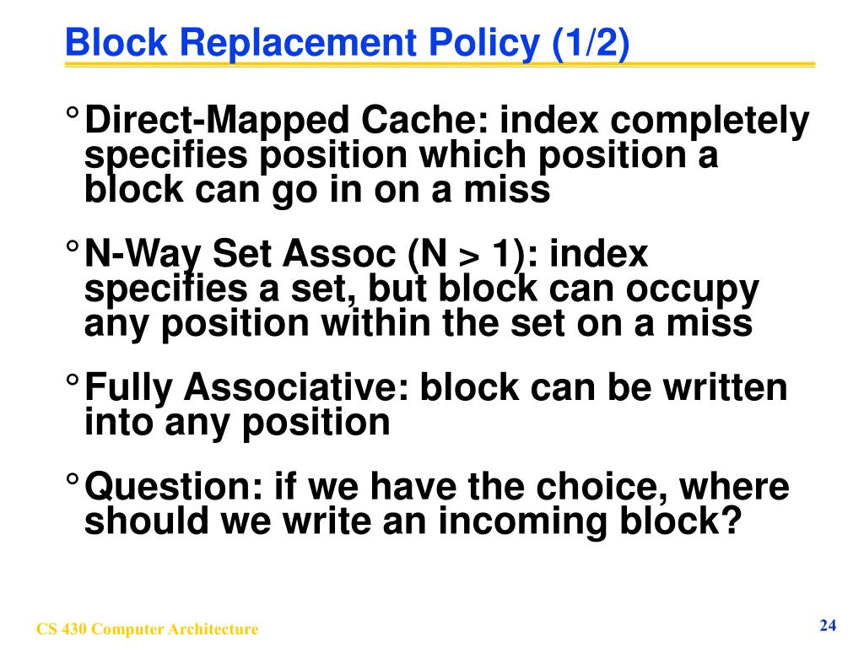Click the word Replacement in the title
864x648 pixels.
[299, 43]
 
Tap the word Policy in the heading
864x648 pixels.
[483, 43]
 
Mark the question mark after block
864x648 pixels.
[732, 521]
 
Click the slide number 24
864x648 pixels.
[828, 626]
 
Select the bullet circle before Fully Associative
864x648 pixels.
[73, 381]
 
